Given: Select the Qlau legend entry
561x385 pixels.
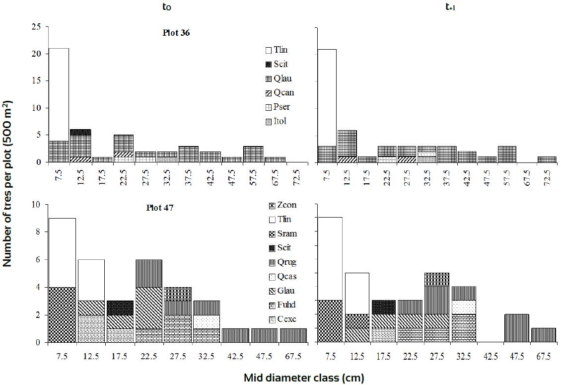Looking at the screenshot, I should click(x=280, y=78).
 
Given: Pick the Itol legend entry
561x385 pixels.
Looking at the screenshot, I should click(x=280, y=121).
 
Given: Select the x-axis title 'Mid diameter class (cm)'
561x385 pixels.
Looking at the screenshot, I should click(x=304, y=378).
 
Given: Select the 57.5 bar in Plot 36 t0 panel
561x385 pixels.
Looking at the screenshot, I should click(x=253, y=154).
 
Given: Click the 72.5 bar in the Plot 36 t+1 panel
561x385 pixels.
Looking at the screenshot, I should click(x=547, y=159).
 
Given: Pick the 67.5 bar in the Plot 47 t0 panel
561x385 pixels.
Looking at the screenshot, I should click(x=293, y=335).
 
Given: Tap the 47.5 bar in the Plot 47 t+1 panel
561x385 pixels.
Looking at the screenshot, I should click(x=516, y=328).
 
